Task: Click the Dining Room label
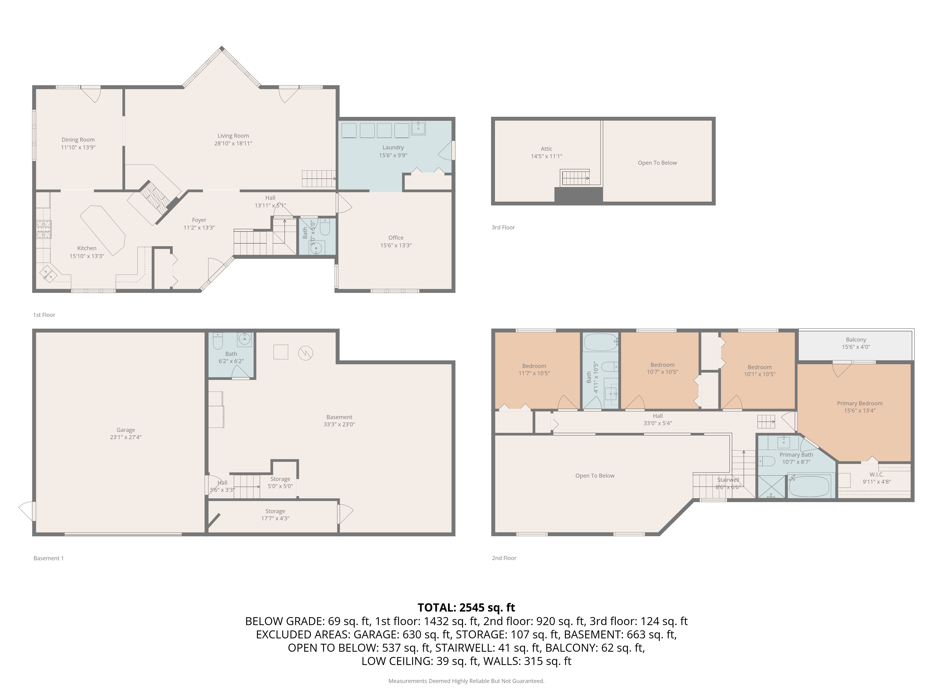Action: point(78,140)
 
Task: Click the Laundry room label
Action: point(393,147)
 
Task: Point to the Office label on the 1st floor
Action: point(396,238)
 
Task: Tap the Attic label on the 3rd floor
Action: point(546,149)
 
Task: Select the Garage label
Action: point(126,430)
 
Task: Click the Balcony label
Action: point(856,340)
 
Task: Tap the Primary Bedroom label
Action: point(860,403)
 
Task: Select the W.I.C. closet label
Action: point(877,475)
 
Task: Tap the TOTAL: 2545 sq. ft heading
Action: point(466,608)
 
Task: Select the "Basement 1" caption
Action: point(49,558)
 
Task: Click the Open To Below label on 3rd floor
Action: point(657,163)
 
